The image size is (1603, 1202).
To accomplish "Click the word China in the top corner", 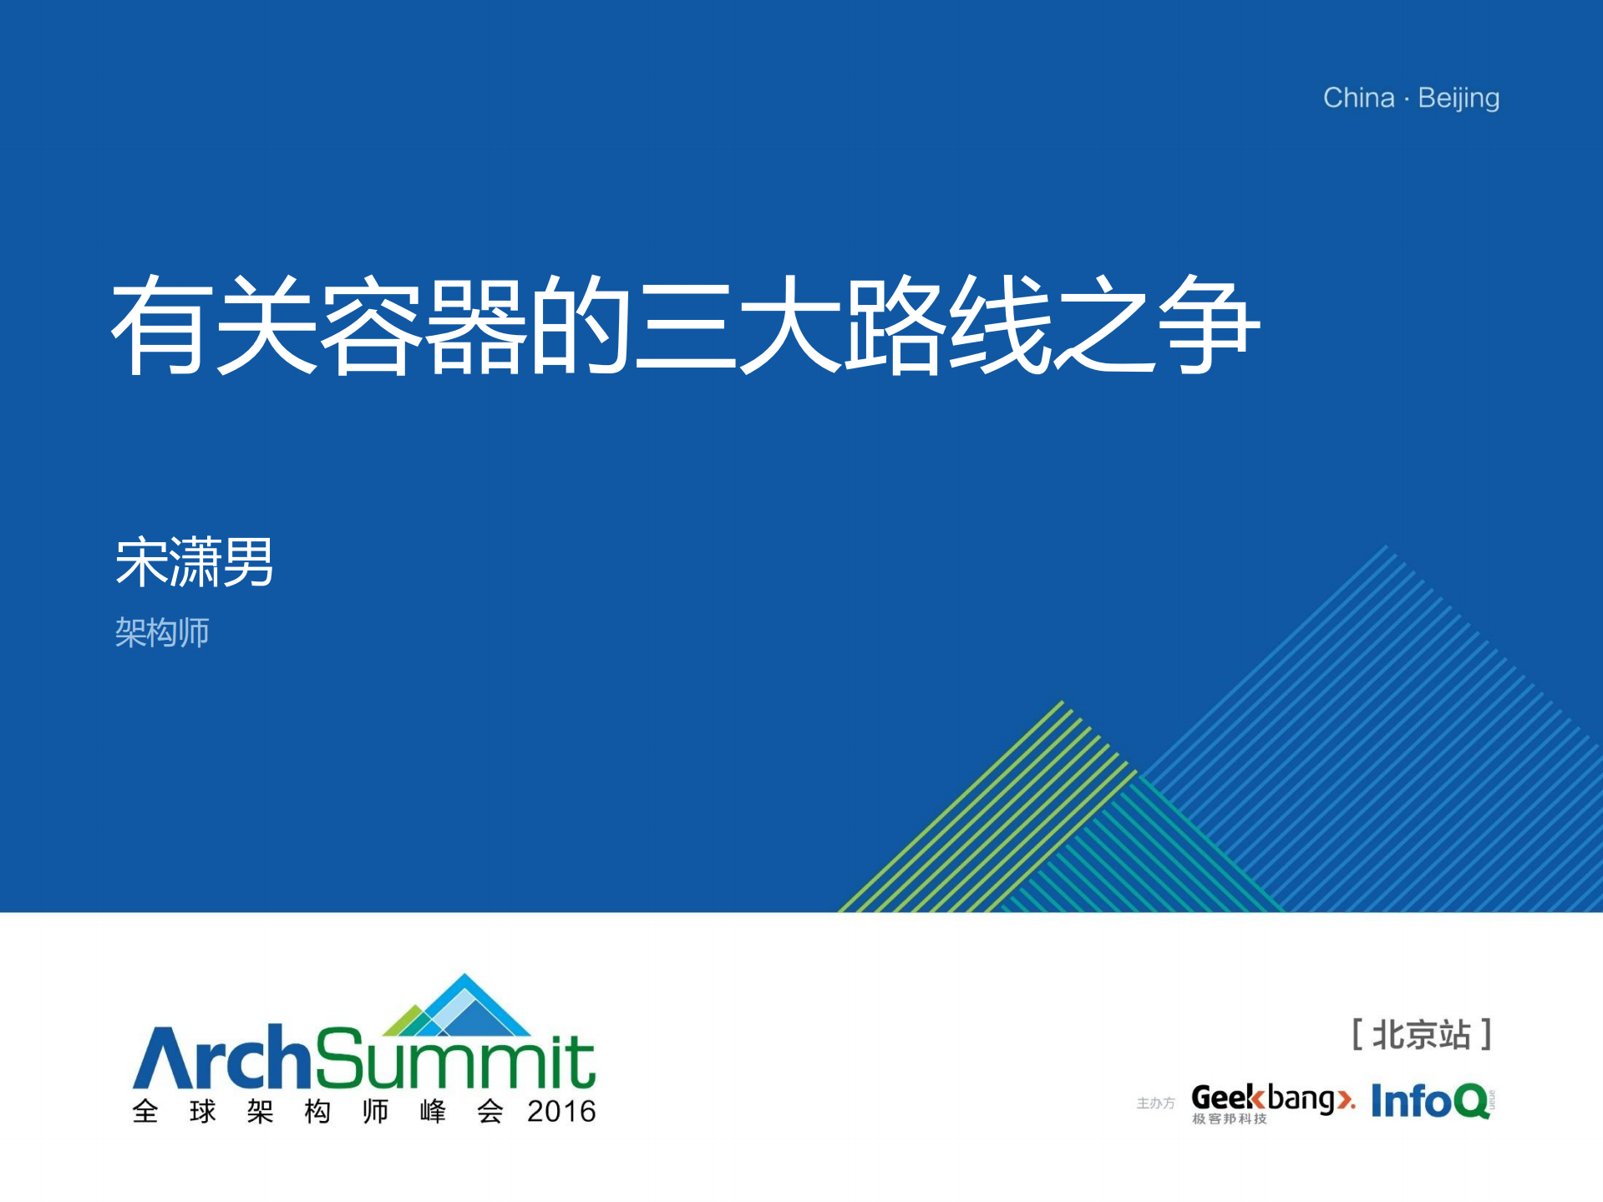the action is point(1358,98).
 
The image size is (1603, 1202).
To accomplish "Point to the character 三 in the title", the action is point(685,326).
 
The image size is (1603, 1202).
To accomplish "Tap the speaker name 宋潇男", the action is point(195,561).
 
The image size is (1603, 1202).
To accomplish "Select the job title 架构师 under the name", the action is point(162,632).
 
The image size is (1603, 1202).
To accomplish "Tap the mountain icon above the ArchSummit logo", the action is point(457,1006).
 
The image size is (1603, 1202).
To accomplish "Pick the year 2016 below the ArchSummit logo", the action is point(561,1112).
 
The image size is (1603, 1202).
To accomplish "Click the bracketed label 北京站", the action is point(1422,1035).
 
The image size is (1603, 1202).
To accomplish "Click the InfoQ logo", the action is point(1432,1101).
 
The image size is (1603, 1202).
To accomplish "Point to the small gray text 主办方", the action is point(1155,1103).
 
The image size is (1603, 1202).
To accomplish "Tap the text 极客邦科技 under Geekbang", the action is point(1229,1118).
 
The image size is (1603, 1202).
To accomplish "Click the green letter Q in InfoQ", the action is point(1473,1102).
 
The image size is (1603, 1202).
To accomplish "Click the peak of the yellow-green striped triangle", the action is point(1062,702).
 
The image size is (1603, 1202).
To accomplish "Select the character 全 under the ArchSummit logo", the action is point(145,1112).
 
